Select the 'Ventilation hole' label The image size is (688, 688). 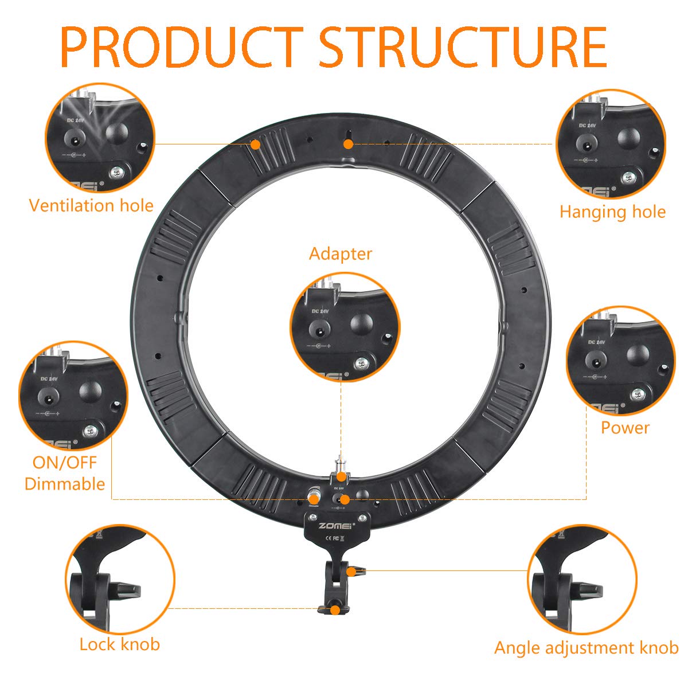[91, 205]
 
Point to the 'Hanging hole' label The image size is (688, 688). [612, 212]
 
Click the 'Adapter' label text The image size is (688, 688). [341, 253]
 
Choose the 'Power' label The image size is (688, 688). [625, 428]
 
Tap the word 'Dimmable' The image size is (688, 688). [65, 484]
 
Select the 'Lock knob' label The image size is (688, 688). [119, 644]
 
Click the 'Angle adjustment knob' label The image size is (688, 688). [586, 648]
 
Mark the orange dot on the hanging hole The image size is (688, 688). [348, 144]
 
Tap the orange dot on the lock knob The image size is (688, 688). [334, 609]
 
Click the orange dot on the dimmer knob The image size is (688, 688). [314, 499]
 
